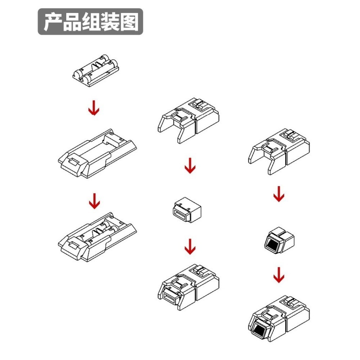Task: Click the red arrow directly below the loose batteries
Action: pos(94,108)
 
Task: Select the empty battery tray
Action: pos(97,155)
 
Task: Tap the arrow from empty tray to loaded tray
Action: pos(94,201)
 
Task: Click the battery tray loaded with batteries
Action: pos(97,239)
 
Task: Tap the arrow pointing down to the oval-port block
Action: pos(190,166)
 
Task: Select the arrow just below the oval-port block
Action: pos(190,247)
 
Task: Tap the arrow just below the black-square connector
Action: pos(279,275)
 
